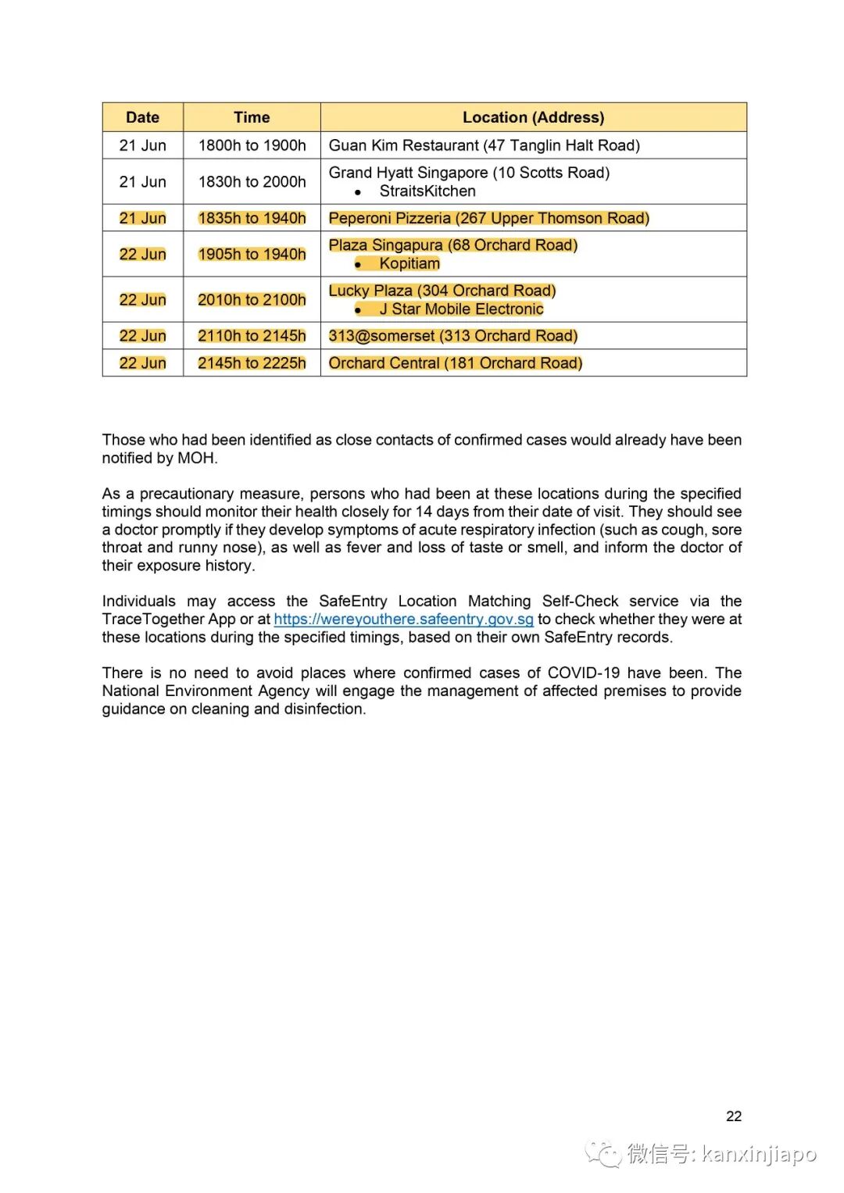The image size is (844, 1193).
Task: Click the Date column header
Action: (x=142, y=117)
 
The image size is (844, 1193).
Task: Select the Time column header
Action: (x=252, y=117)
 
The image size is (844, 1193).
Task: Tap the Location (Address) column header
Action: (x=533, y=117)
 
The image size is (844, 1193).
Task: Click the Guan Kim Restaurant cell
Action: (x=484, y=145)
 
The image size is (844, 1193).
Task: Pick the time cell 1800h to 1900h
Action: (x=252, y=145)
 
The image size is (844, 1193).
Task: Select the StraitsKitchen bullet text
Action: (x=427, y=191)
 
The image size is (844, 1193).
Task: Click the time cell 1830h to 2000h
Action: (x=252, y=182)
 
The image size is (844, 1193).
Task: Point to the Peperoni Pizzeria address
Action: (x=488, y=218)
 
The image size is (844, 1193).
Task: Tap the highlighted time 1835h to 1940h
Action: (x=252, y=218)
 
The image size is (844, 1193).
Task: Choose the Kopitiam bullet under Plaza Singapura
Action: (x=409, y=264)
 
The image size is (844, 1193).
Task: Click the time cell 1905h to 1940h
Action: (x=252, y=255)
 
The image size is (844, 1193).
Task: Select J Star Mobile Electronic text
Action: (x=461, y=309)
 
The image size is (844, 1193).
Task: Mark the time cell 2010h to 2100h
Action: (x=252, y=300)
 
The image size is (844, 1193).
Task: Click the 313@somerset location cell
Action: (x=452, y=336)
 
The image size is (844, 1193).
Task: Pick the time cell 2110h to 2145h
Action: (x=252, y=336)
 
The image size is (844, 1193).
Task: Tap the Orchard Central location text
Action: (x=455, y=363)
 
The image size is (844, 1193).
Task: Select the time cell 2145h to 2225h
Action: (x=252, y=363)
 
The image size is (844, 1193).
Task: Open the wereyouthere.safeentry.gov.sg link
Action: (x=403, y=620)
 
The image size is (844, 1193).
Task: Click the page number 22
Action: (x=733, y=1116)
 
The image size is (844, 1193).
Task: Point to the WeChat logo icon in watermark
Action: (x=604, y=1153)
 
